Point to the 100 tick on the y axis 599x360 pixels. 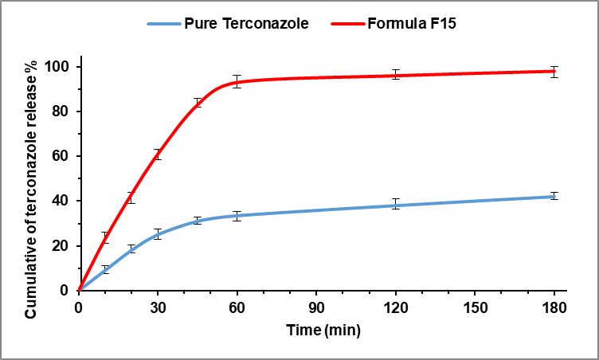61,66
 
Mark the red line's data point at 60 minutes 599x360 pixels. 237,81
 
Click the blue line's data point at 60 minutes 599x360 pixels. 237,215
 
